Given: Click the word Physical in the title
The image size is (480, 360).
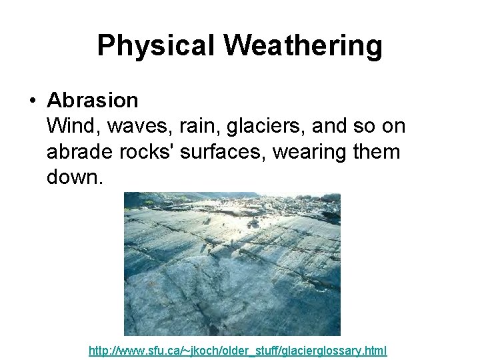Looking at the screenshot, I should (x=155, y=46).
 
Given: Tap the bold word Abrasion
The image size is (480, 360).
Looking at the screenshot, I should (x=93, y=101).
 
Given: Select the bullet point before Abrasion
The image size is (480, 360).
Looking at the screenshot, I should (x=31, y=101).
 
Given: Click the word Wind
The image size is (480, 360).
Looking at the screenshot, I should (x=69, y=126).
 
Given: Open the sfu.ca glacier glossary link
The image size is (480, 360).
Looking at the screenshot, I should (x=238, y=350).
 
